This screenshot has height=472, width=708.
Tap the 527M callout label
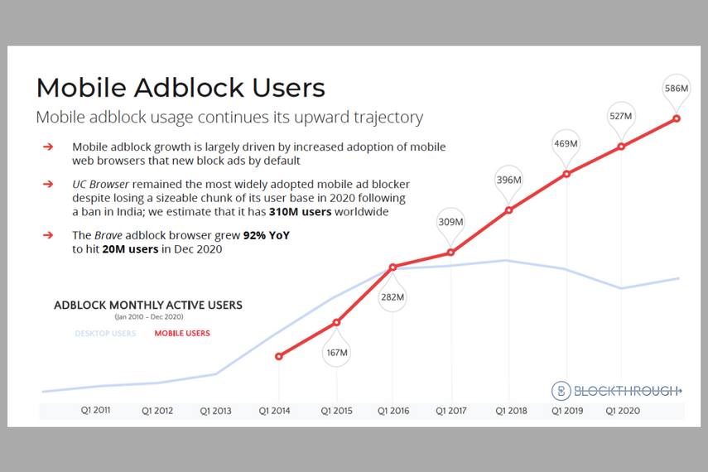(620, 117)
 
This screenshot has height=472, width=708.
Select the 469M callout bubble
(566, 144)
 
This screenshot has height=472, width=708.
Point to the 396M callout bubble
(508, 180)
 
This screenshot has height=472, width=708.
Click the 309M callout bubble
(450, 222)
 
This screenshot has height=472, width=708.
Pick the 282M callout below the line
(393, 296)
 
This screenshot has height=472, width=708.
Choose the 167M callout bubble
(336, 352)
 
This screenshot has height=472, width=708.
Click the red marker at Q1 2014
(279, 356)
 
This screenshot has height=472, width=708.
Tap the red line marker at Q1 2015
(336, 322)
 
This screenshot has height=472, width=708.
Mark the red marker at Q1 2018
(508, 210)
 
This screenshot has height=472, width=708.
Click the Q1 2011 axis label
(96, 410)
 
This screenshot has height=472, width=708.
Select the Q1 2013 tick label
(216, 410)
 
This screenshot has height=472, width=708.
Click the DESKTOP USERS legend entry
(105, 334)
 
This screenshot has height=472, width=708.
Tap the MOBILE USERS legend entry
(182, 334)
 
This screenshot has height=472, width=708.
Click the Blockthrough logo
(616, 391)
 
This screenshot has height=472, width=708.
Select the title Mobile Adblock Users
(181, 88)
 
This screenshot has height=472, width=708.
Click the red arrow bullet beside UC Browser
(48, 184)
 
